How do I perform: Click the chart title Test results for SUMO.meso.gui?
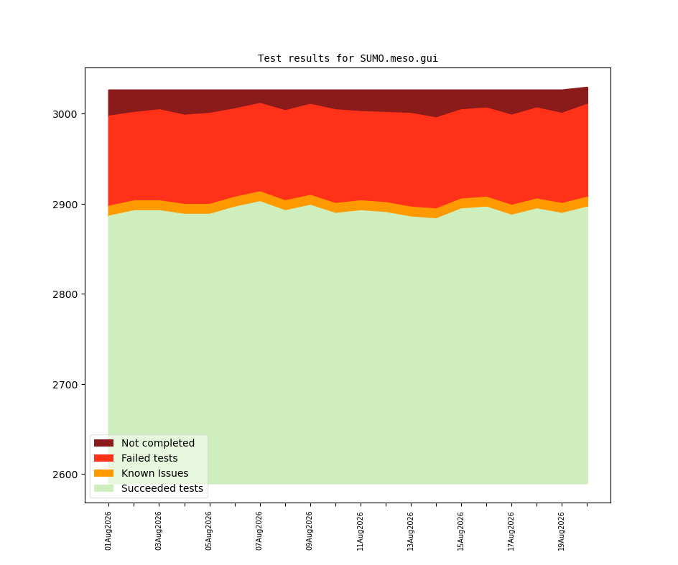[348, 58]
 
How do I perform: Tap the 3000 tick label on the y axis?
[65, 114]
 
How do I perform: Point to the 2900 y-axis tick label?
[65, 205]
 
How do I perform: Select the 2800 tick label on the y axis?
[65, 294]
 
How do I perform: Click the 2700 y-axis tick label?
[65, 385]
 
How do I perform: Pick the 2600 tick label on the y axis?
[65, 475]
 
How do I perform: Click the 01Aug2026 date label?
[108, 531]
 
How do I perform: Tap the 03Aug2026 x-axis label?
[158, 531]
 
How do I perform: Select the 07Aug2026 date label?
[259, 531]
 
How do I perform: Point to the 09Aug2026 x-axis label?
[310, 531]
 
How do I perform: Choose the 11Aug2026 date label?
[360, 531]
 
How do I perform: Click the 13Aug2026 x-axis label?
[410, 531]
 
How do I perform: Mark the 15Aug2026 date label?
[460, 531]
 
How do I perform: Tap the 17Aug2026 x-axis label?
[511, 531]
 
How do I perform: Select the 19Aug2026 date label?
[561, 531]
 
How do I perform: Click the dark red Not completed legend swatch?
[103, 443]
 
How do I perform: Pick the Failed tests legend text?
[149, 458]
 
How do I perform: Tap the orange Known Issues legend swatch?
[103, 473]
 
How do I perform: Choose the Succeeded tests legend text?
[162, 488]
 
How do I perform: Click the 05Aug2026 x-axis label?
[209, 531]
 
